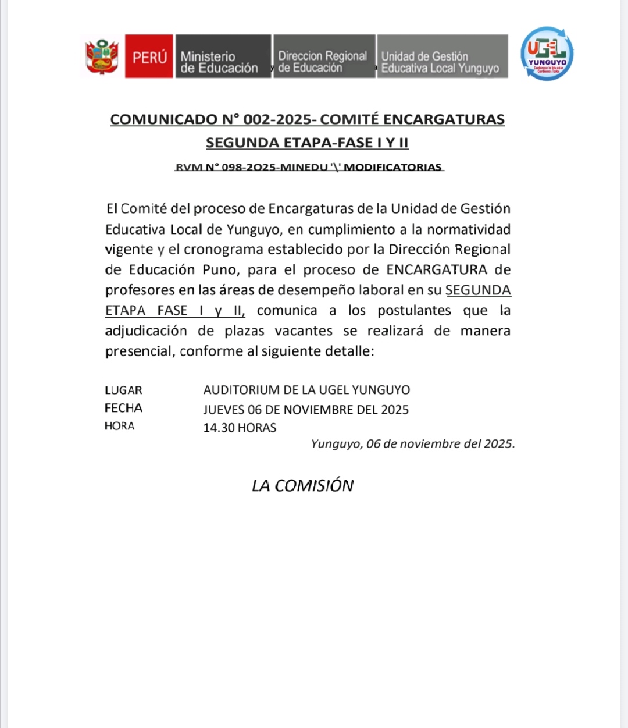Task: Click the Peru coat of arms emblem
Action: coord(102,56)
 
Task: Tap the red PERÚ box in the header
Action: coord(149,56)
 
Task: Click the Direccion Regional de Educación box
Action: coord(324,56)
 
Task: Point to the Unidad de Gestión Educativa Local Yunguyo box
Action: coord(442,56)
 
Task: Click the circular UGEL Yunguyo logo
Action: coord(547,54)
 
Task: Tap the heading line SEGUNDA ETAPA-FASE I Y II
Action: coord(307,143)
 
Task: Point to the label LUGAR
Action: coord(123,390)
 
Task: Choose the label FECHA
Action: coord(123,408)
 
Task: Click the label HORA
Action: coord(119,426)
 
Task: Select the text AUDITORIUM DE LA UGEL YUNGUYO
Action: coord(306,390)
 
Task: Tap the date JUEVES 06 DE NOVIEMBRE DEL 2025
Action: coord(306,410)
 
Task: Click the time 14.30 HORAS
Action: coord(240,428)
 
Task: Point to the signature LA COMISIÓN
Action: coord(302,485)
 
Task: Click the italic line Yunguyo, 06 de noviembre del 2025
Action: coord(413,443)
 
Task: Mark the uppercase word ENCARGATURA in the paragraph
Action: coord(437,270)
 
